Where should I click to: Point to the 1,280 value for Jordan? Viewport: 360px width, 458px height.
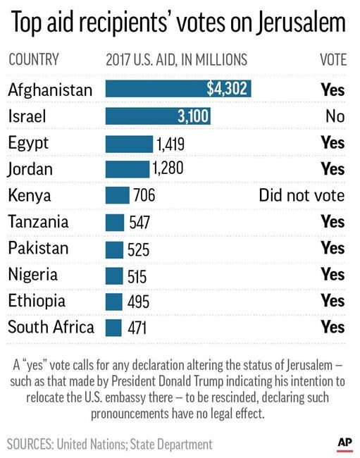click(168, 170)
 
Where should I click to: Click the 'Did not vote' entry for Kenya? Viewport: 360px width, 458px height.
click(302, 195)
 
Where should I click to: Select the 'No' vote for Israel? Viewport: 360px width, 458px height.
click(335, 116)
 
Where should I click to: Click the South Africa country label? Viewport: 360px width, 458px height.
click(50, 328)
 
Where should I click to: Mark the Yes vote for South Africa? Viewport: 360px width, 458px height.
click(333, 328)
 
